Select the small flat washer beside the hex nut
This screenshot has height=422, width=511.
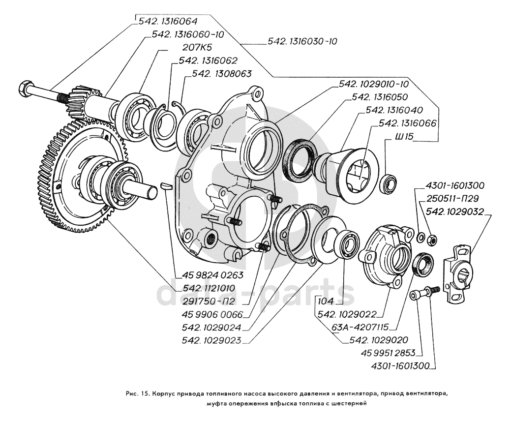(x=421, y=238)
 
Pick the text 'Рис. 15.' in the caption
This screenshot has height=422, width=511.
(x=138, y=394)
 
